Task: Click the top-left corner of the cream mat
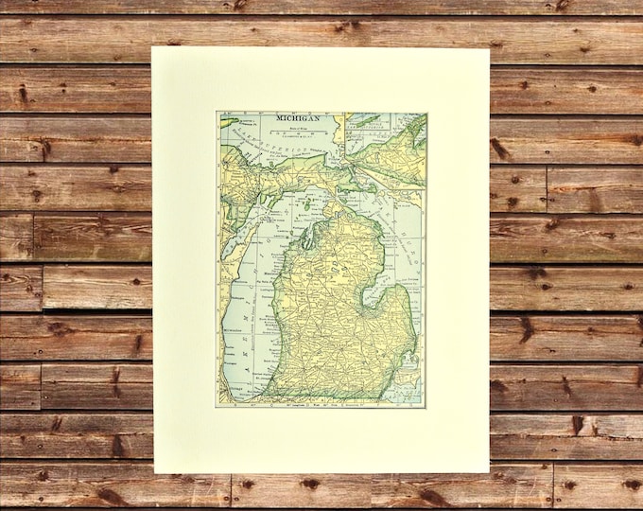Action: tap(153, 48)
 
